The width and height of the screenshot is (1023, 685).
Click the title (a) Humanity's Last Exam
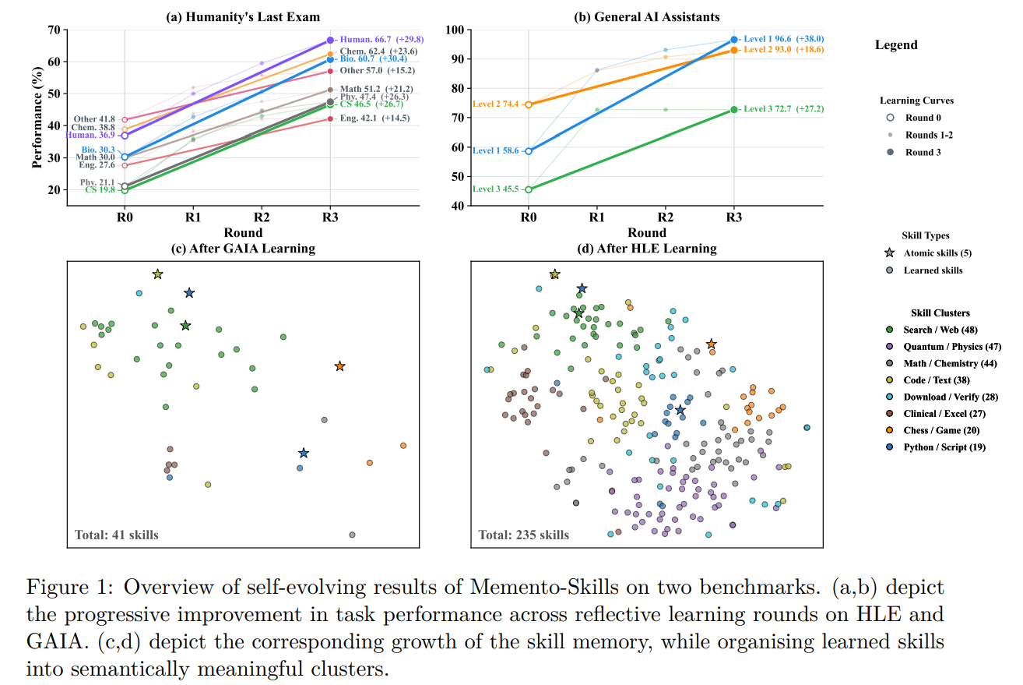pyautogui.click(x=243, y=17)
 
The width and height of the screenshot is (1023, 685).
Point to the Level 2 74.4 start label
pyautogui.click(x=495, y=104)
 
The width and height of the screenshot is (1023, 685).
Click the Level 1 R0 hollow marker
pyautogui.click(x=528, y=151)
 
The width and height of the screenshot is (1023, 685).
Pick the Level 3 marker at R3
pyautogui.click(x=733, y=110)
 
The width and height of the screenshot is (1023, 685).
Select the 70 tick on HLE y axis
pyautogui.click(x=54, y=30)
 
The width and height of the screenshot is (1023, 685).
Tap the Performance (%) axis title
pyautogui.click(x=37, y=118)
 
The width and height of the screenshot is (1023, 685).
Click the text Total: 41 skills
pyautogui.click(x=117, y=535)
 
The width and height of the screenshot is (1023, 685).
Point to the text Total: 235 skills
pyautogui.click(x=523, y=535)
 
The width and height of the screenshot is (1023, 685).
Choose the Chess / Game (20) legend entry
pyautogui.click(x=941, y=430)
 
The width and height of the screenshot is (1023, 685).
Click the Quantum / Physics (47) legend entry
pyautogui.click(x=951, y=346)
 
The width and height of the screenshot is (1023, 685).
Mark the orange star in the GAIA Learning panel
pyautogui.click(x=339, y=366)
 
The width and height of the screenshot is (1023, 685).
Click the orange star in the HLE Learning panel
pyautogui.click(x=711, y=344)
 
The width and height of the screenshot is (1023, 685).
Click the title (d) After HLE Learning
pyautogui.click(x=647, y=249)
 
